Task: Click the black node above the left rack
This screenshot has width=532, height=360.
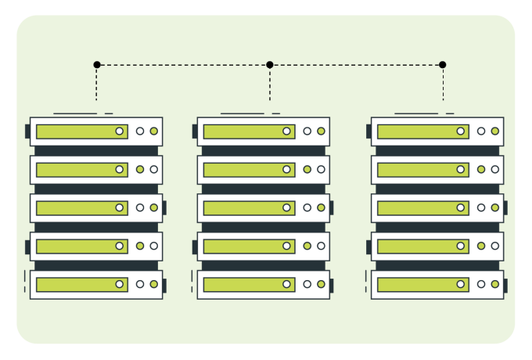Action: click(97, 64)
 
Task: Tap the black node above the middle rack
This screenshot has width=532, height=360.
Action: click(270, 64)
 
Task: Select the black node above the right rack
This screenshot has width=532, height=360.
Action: click(443, 64)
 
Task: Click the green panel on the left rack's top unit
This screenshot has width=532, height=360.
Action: click(78, 131)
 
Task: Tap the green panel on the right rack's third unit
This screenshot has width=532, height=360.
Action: click(419, 208)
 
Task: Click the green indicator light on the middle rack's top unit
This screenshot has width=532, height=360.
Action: click(321, 131)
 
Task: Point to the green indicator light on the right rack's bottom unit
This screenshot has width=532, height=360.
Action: click(494, 284)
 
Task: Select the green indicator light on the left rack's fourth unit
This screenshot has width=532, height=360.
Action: click(140, 246)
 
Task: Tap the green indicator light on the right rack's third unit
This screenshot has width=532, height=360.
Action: click(494, 208)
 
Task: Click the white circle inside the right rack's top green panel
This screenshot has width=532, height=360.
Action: click(461, 131)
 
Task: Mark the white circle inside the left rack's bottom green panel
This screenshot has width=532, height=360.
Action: click(120, 284)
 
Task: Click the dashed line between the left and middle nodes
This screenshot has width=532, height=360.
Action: click(184, 64)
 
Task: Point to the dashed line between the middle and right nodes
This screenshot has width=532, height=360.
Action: click(357, 64)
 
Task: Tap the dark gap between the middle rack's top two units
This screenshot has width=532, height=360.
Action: click(264, 150)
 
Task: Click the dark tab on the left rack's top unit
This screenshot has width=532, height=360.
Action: click(27, 131)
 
